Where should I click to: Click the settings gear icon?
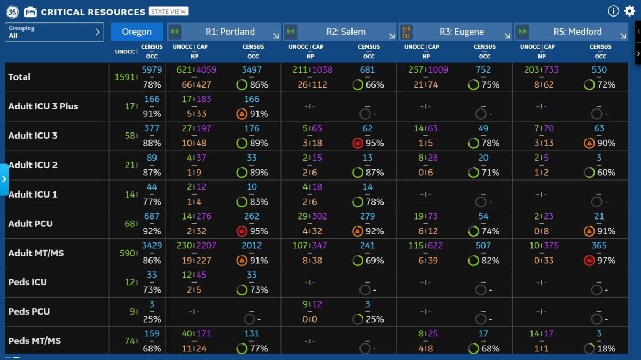[x=629, y=11]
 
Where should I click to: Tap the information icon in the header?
[x=613, y=11]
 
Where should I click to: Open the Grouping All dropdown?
[x=54, y=32]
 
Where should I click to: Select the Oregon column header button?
[x=137, y=32]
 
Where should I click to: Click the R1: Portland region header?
[x=224, y=32]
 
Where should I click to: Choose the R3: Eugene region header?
[x=455, y=32]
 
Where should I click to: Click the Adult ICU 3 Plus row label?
[x=43, y=106]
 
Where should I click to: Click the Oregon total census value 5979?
[x=152, y=70]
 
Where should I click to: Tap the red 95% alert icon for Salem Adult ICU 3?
[x=358, y=143]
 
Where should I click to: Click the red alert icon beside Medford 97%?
[x=589, y=261]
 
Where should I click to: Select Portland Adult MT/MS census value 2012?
[x=252, y=246]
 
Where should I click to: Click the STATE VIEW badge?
[x=168, y=12]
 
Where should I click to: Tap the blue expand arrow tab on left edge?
[x=4, y=179]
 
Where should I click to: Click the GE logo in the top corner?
[x=12, y=12]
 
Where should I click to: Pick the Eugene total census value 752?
[x=483, y=70]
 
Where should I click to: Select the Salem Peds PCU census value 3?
[x=368, y=304]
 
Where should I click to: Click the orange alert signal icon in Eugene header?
[x=407, y=32]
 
